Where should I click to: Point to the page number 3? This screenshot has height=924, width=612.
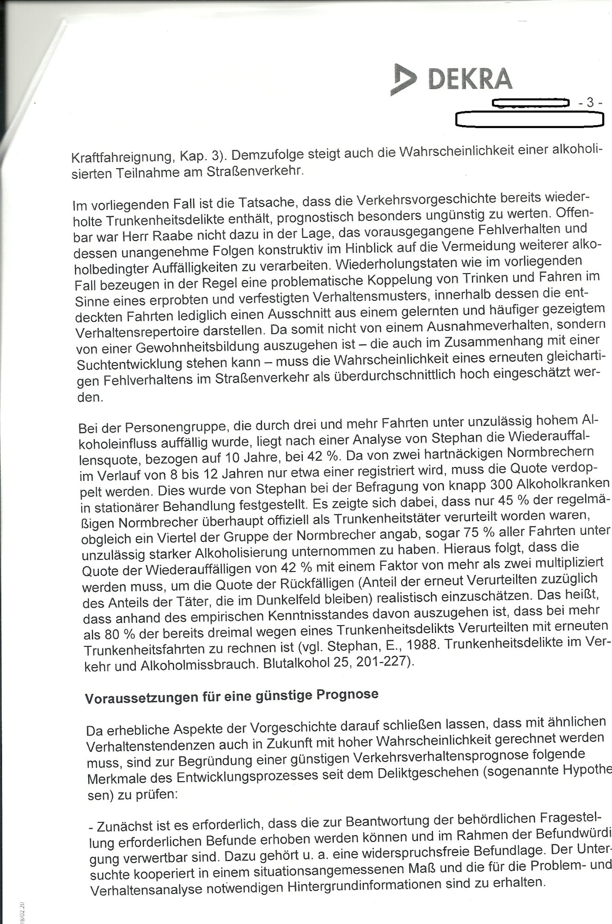coord(589,103)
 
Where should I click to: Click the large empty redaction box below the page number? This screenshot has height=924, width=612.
coord(530,119)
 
